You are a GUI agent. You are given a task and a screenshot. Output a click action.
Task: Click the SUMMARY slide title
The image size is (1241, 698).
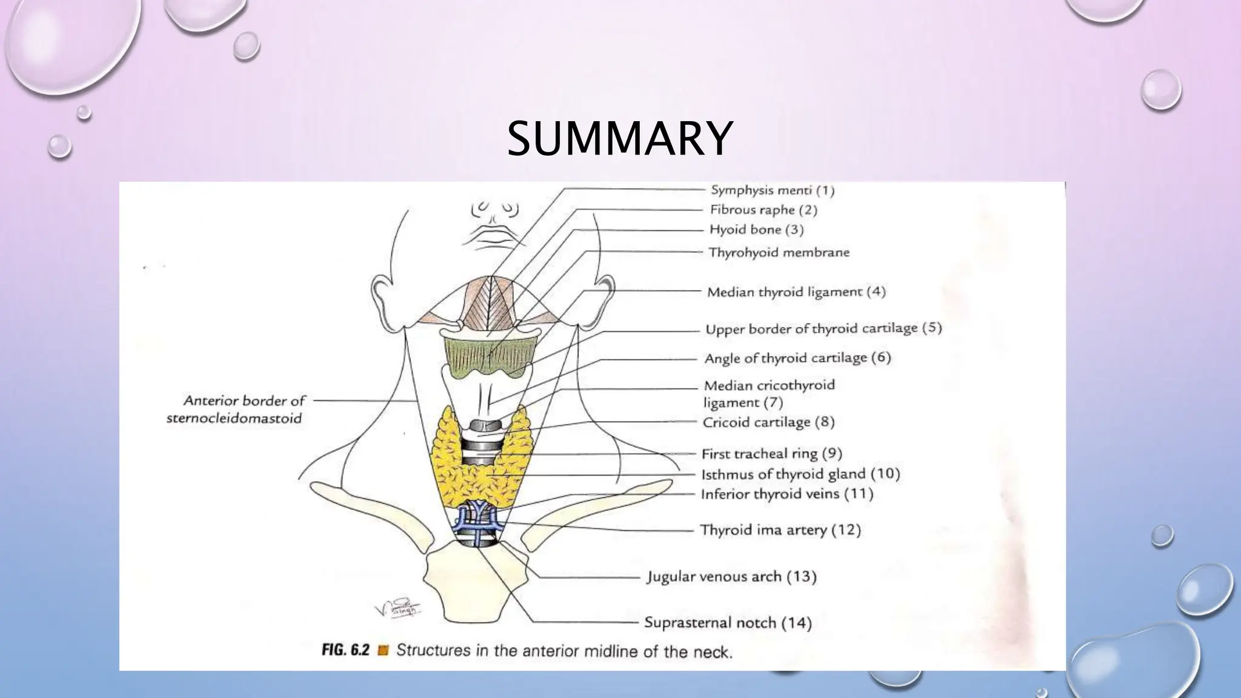pos(619,139)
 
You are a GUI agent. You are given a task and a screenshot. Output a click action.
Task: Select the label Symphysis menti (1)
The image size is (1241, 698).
pos(773,190)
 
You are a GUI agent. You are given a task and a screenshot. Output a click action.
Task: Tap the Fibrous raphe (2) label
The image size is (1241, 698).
pos(764,210)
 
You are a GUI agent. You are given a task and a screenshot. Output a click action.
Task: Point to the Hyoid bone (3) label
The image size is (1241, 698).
pos(756,230)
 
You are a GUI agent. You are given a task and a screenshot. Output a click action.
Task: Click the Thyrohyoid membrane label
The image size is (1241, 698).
pos(779,252)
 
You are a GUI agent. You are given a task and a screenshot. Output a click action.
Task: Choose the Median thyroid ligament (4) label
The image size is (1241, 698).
pos(796,292)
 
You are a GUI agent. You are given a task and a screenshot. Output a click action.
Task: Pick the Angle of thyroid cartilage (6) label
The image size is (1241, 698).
pos(797,358)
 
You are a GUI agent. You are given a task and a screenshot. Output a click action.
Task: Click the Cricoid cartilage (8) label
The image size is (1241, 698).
pos(768,422)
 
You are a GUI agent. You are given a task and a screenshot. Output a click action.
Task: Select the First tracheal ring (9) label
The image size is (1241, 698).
pos(771,454)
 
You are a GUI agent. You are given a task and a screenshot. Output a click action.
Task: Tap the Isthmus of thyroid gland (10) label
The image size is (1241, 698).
pos(800,474)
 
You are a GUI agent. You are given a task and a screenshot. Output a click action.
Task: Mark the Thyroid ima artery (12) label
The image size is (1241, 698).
pos(780,530)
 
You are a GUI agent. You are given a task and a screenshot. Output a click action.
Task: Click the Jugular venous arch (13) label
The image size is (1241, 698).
pos(731,576)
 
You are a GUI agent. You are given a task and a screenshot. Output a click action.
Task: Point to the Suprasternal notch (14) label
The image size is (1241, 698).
pos(728,622)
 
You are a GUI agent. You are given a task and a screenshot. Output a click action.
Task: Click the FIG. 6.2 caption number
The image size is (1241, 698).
pos(345,651)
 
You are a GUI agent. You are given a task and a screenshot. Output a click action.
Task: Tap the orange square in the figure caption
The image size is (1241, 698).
pos(382,651)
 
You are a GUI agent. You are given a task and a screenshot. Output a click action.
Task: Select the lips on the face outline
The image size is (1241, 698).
pos(493,236)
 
